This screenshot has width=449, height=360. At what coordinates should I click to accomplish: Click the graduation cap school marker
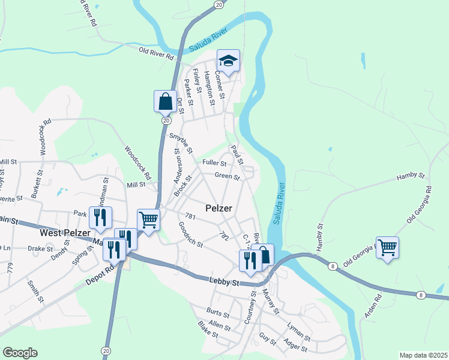coord(228,60)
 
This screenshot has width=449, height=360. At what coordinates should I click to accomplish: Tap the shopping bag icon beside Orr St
coord(165,101)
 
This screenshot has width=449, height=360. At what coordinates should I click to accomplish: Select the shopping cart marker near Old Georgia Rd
coord(387,247)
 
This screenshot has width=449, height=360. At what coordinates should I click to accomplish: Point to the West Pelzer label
coord(65,232)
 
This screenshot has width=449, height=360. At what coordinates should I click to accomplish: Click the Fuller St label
coord(214,163)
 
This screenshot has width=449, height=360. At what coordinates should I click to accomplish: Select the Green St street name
coord(227,177)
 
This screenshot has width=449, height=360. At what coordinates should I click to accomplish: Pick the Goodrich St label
coord(191,235)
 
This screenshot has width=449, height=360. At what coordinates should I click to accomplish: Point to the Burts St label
coord(217,313)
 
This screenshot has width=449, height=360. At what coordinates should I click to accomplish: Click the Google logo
coord(20,353)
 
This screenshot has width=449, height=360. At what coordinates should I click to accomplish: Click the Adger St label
coord(295,347)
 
